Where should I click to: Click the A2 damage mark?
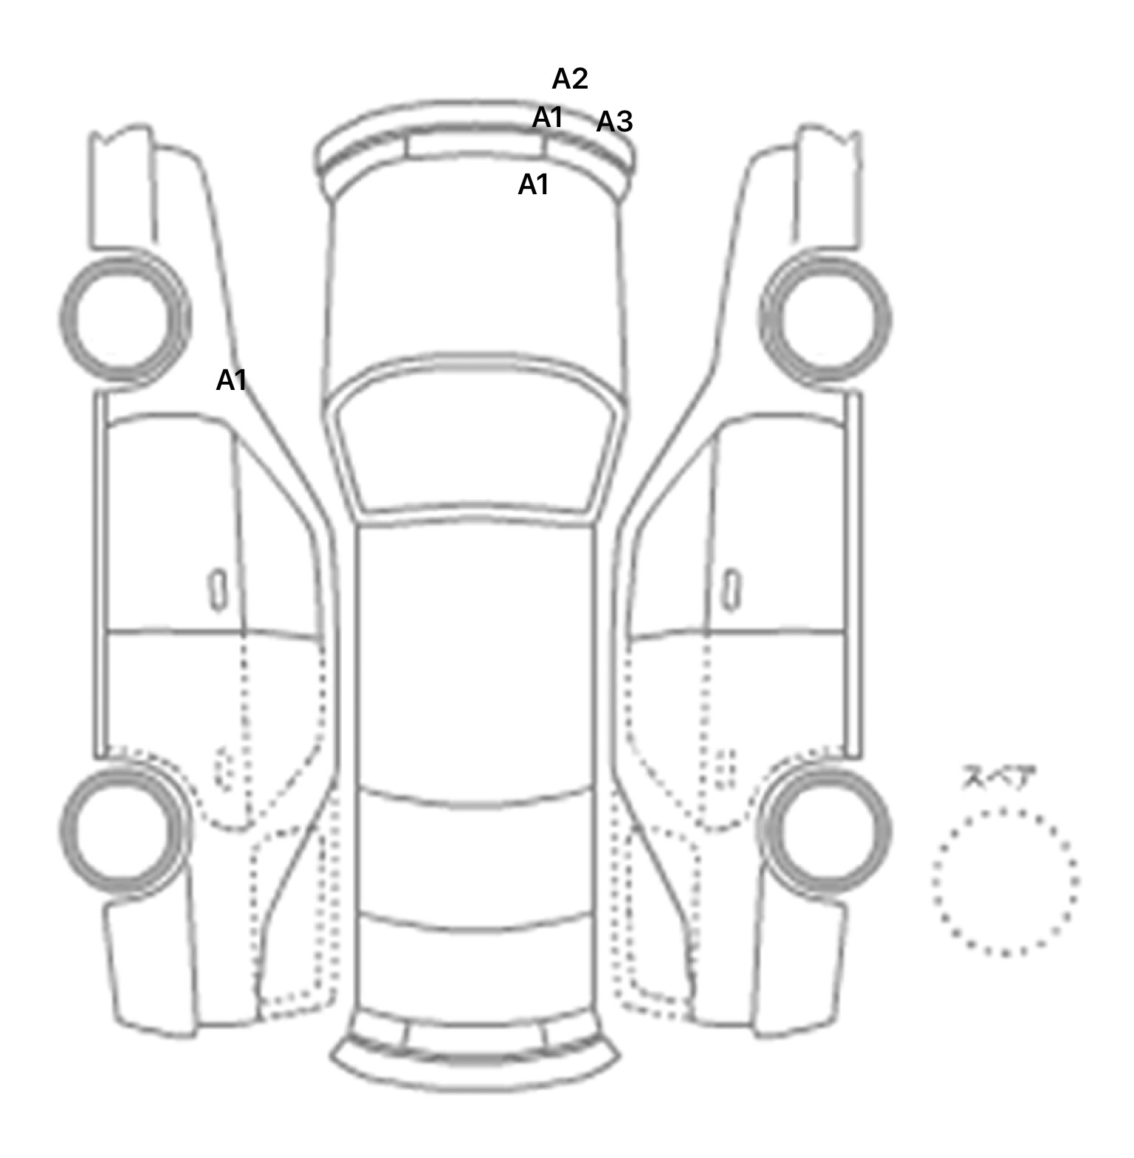click(x=570, y=78)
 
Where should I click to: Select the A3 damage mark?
click(x=614, y=121)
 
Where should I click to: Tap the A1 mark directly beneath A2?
click(x=548, y=117)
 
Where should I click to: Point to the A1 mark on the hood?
click(x=534, y=184)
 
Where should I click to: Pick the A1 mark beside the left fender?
click(x=231, y=380)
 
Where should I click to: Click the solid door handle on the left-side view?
click(x=218, y=590)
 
